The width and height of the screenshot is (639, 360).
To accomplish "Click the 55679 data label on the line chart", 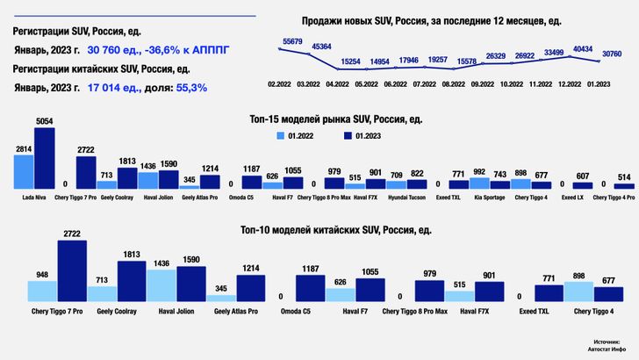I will [x=291, y=42].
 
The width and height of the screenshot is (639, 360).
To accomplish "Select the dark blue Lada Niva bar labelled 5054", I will [x=44, y=159].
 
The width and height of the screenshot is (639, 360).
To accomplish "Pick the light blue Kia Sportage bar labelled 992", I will [x=478, y=184].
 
